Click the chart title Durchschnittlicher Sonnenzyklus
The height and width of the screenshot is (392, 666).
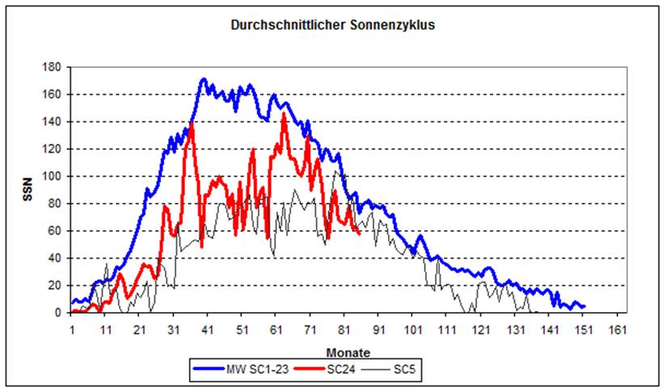click(333, 25)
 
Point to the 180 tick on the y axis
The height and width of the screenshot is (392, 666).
click(53, 67)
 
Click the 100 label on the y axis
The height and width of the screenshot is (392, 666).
click(53, 176)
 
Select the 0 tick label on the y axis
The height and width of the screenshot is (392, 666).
click(57, 313)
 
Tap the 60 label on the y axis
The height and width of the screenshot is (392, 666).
click(55, 231)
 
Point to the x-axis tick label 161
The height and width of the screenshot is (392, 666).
click(618, 329)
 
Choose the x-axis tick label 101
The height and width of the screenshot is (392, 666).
click(413, 329)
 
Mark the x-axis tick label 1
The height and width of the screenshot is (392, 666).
click(72, 329)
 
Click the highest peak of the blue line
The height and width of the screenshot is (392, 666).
click(204, 79)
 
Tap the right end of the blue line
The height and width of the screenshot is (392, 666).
click(584, 306)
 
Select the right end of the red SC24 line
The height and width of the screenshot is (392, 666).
click(359, 234)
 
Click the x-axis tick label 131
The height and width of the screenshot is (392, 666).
click(516, 329)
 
